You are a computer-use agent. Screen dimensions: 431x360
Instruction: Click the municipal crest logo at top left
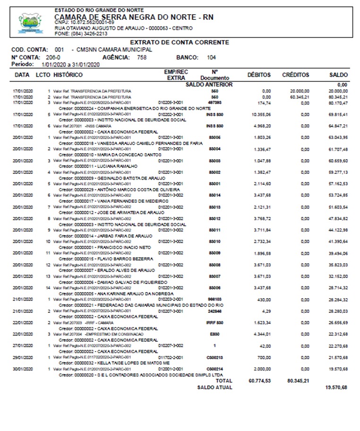[x=30, y=22]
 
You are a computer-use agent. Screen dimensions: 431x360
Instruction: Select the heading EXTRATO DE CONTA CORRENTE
[x=179, y=43]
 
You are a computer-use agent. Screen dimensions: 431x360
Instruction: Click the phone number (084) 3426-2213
[x=84, y=34]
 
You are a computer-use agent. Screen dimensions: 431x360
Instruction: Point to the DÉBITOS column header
[x=259, y=75]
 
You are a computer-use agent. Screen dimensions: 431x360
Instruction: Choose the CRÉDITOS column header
[x=296, y=75]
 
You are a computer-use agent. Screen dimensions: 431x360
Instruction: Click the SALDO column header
[x=338, y=75]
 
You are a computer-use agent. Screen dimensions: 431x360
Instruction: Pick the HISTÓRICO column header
[x=68, y=75]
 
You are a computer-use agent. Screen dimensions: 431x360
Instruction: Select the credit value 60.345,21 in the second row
[x=299, y=96]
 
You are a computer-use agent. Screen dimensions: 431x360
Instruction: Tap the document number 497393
[x=214, y=102]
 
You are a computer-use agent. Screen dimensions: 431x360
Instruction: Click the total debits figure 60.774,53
[x=259, y=380]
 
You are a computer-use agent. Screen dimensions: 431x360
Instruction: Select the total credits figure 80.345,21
[x=298, y=380]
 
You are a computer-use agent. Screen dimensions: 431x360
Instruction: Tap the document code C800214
[x=214, y=369]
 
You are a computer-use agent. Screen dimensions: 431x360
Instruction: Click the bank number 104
[x=211, y=58]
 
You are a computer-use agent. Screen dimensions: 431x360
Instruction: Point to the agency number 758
[x=142, y=58]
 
